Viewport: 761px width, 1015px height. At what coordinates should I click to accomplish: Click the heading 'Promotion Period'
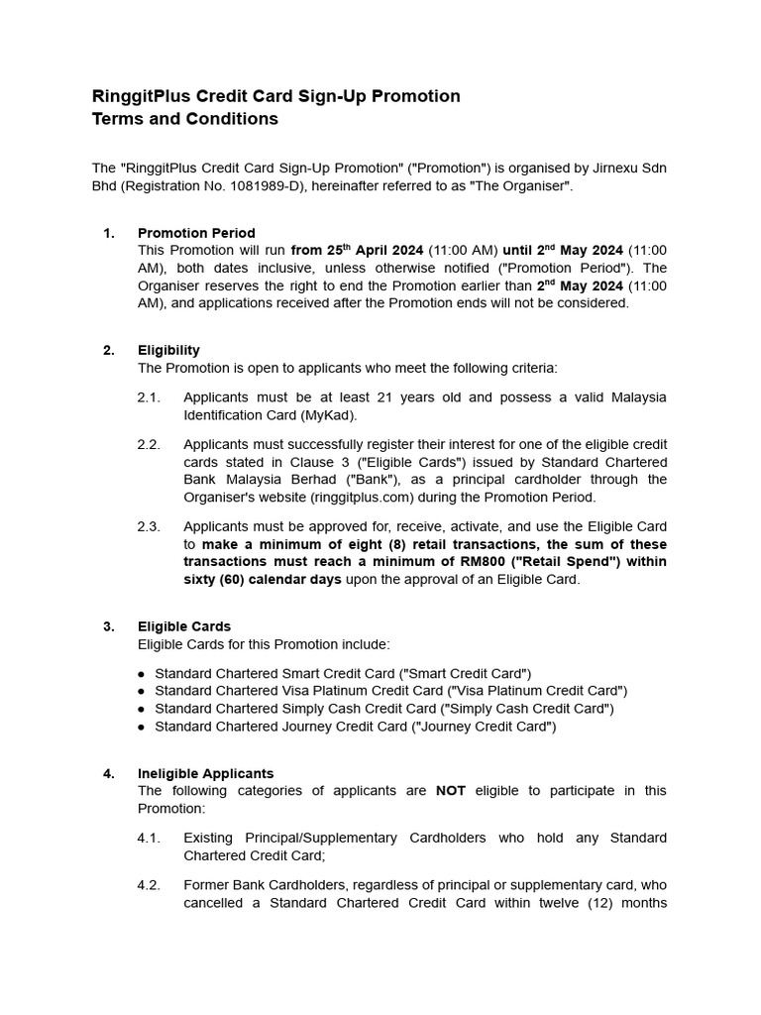196,233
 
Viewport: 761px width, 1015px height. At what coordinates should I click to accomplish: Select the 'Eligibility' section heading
168,350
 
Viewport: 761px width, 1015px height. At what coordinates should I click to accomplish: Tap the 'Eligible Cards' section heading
184,626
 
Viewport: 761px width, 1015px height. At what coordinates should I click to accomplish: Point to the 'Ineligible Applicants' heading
206,773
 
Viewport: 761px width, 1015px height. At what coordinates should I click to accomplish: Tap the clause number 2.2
149,444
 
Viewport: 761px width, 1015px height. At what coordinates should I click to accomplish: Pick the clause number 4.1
149,838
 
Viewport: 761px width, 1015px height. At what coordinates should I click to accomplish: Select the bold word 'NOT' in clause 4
452,791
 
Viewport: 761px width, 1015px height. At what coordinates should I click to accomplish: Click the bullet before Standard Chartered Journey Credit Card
143,728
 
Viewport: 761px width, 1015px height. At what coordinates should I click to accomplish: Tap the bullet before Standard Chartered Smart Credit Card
143,674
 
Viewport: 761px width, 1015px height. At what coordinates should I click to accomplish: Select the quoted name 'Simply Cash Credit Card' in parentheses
527,709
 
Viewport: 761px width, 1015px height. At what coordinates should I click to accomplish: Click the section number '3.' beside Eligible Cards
109,626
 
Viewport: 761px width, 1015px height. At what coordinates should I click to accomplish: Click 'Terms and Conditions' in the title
184,119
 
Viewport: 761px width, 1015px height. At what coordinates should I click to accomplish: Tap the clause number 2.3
149,526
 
